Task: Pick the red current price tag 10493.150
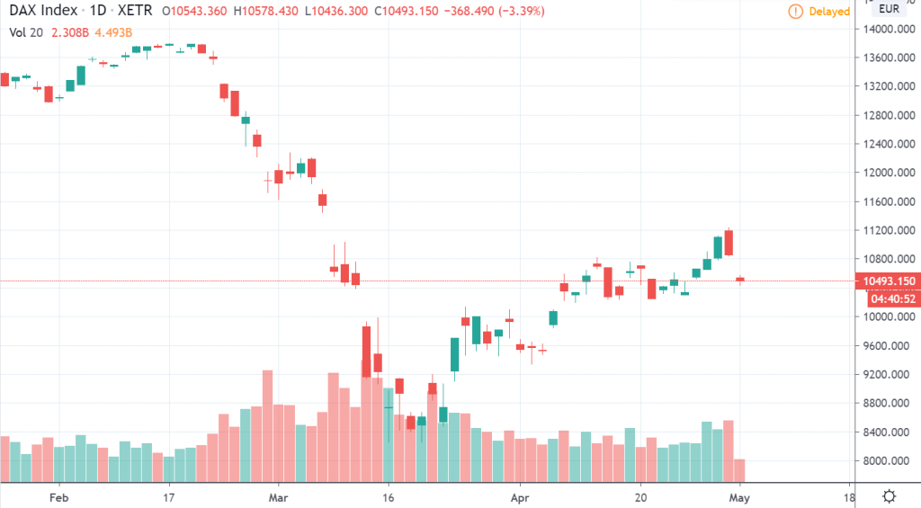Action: pos(889,281)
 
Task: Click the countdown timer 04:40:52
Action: pos(888,299)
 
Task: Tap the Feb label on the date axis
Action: pos(59,495)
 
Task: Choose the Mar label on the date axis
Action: pos(279,495)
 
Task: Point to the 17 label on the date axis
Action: pos(169,495)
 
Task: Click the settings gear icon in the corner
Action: pos(889,495)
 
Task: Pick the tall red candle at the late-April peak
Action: pos(729,243)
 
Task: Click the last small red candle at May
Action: pos(740,280)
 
